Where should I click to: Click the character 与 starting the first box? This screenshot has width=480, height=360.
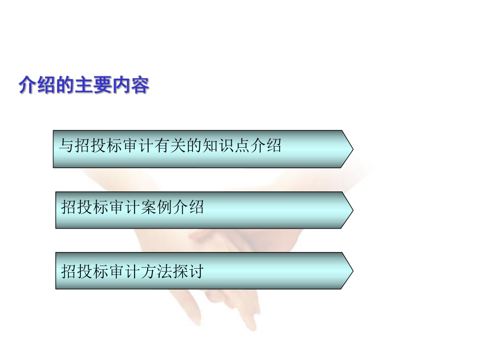(65, 146)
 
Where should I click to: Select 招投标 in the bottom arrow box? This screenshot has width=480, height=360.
(85, 271)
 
